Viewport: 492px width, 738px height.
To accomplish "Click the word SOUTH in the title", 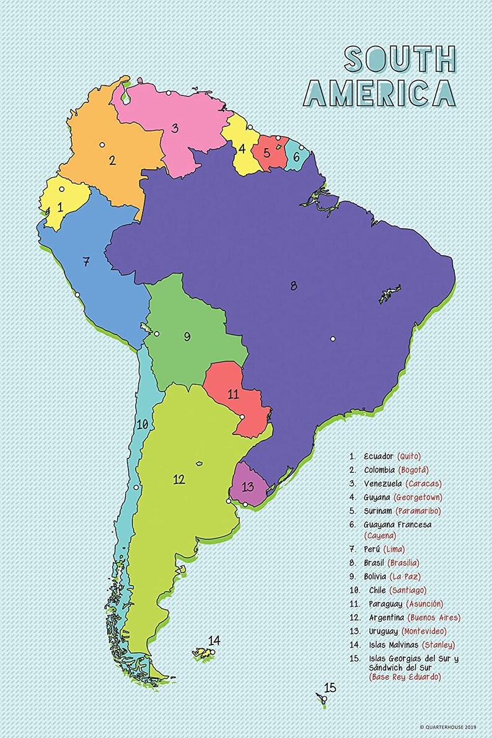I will (400, 59).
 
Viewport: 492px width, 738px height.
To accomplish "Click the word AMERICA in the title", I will (379, 93).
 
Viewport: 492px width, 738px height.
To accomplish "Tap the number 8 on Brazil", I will (293, 286).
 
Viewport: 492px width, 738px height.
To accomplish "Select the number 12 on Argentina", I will (179, 479).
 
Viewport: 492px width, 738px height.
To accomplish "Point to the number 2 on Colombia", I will (112, 160).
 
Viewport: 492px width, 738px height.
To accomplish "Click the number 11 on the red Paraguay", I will (233, 394).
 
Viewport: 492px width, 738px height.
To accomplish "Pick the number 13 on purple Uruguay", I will (248, 486).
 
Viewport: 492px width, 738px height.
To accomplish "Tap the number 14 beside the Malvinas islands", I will (214, 640).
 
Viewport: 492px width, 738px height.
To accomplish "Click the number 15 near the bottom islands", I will (330, 687).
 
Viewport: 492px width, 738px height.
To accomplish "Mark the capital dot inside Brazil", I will (333, 339).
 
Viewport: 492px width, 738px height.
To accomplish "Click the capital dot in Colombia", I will (102, 144).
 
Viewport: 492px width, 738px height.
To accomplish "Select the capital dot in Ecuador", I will (61, 189).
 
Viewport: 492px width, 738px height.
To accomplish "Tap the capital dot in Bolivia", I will (157, 334).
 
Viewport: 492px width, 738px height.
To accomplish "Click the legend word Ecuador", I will (379, 456).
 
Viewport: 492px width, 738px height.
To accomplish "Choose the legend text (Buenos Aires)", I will (434, 618).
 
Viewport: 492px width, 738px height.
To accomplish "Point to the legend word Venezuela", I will (382, 483).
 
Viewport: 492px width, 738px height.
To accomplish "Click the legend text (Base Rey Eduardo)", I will (405, 677).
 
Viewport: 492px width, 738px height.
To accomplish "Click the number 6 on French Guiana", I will (296, 157).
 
